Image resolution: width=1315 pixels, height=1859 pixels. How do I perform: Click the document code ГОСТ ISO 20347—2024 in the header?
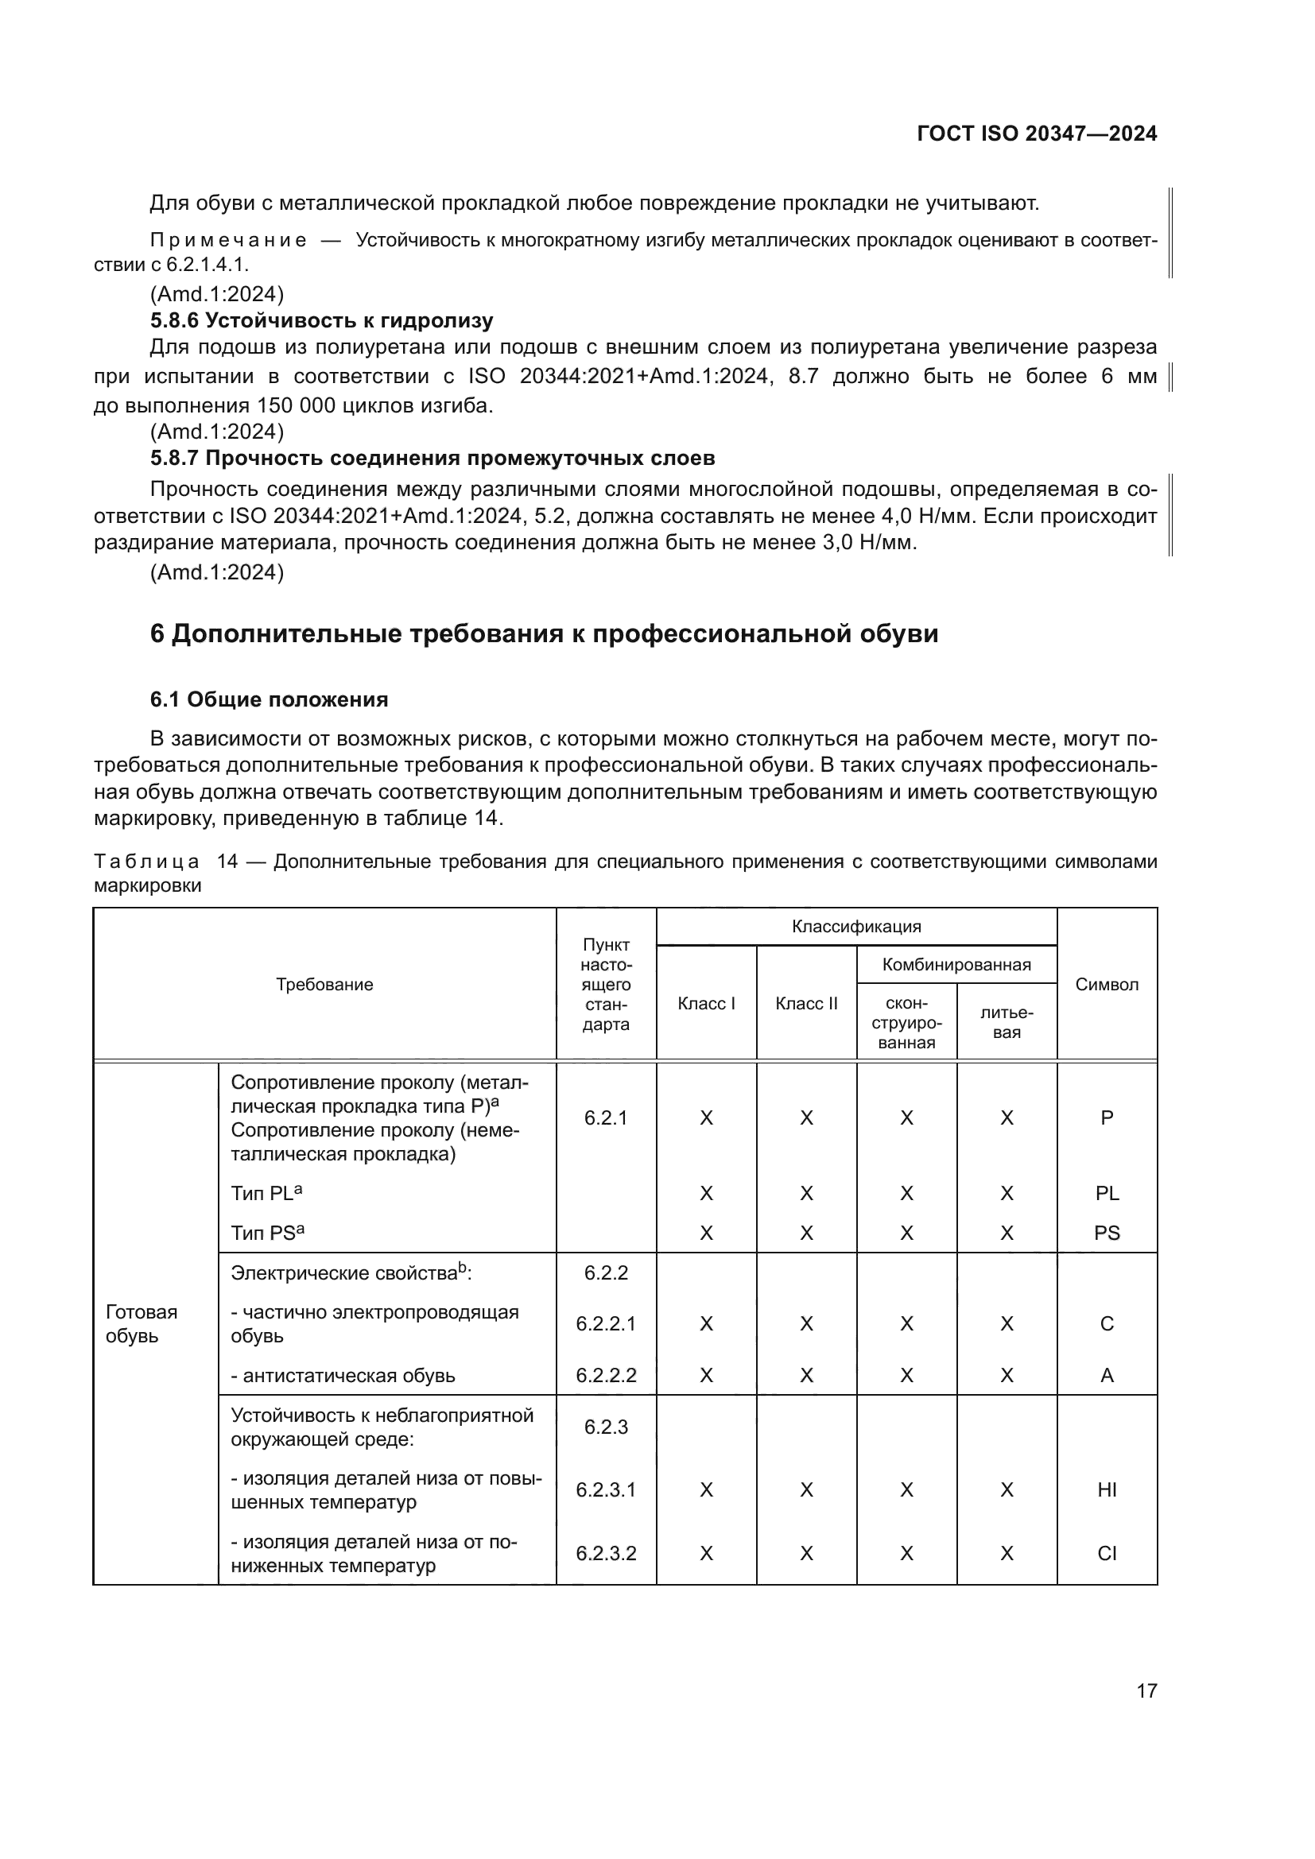point(1037,134)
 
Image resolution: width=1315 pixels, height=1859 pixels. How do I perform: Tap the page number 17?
point(1146,1691)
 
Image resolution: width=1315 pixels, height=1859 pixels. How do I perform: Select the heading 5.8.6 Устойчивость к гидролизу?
point(321,320)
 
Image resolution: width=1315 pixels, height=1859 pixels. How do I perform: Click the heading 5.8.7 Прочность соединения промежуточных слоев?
point(433,459)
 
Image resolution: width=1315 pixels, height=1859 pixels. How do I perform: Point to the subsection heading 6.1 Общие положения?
point(269,699)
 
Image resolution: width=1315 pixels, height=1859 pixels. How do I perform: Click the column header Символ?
point(1106,985)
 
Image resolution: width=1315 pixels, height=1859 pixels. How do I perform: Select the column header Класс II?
point(805,1004)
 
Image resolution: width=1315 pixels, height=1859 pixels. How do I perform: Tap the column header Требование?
point(324,985)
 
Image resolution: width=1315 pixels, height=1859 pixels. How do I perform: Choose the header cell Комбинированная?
point(956,964)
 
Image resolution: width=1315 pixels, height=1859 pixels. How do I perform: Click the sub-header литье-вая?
point(1007,1023)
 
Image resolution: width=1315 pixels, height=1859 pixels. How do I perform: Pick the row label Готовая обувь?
point(142,1324)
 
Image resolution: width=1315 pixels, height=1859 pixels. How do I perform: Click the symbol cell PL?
point(1106,1194)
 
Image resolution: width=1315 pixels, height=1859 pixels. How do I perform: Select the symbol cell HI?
point(1106,1489)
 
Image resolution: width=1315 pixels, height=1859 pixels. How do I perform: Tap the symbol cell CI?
point(1106,1553)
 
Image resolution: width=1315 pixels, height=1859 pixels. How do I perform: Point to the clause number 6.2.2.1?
point(606,1324)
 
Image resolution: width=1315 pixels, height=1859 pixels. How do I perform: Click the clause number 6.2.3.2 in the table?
point(606,1553)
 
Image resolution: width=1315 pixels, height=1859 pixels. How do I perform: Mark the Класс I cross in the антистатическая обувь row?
point(706,1376)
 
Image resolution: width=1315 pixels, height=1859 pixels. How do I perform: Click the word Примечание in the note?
point(228,241)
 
